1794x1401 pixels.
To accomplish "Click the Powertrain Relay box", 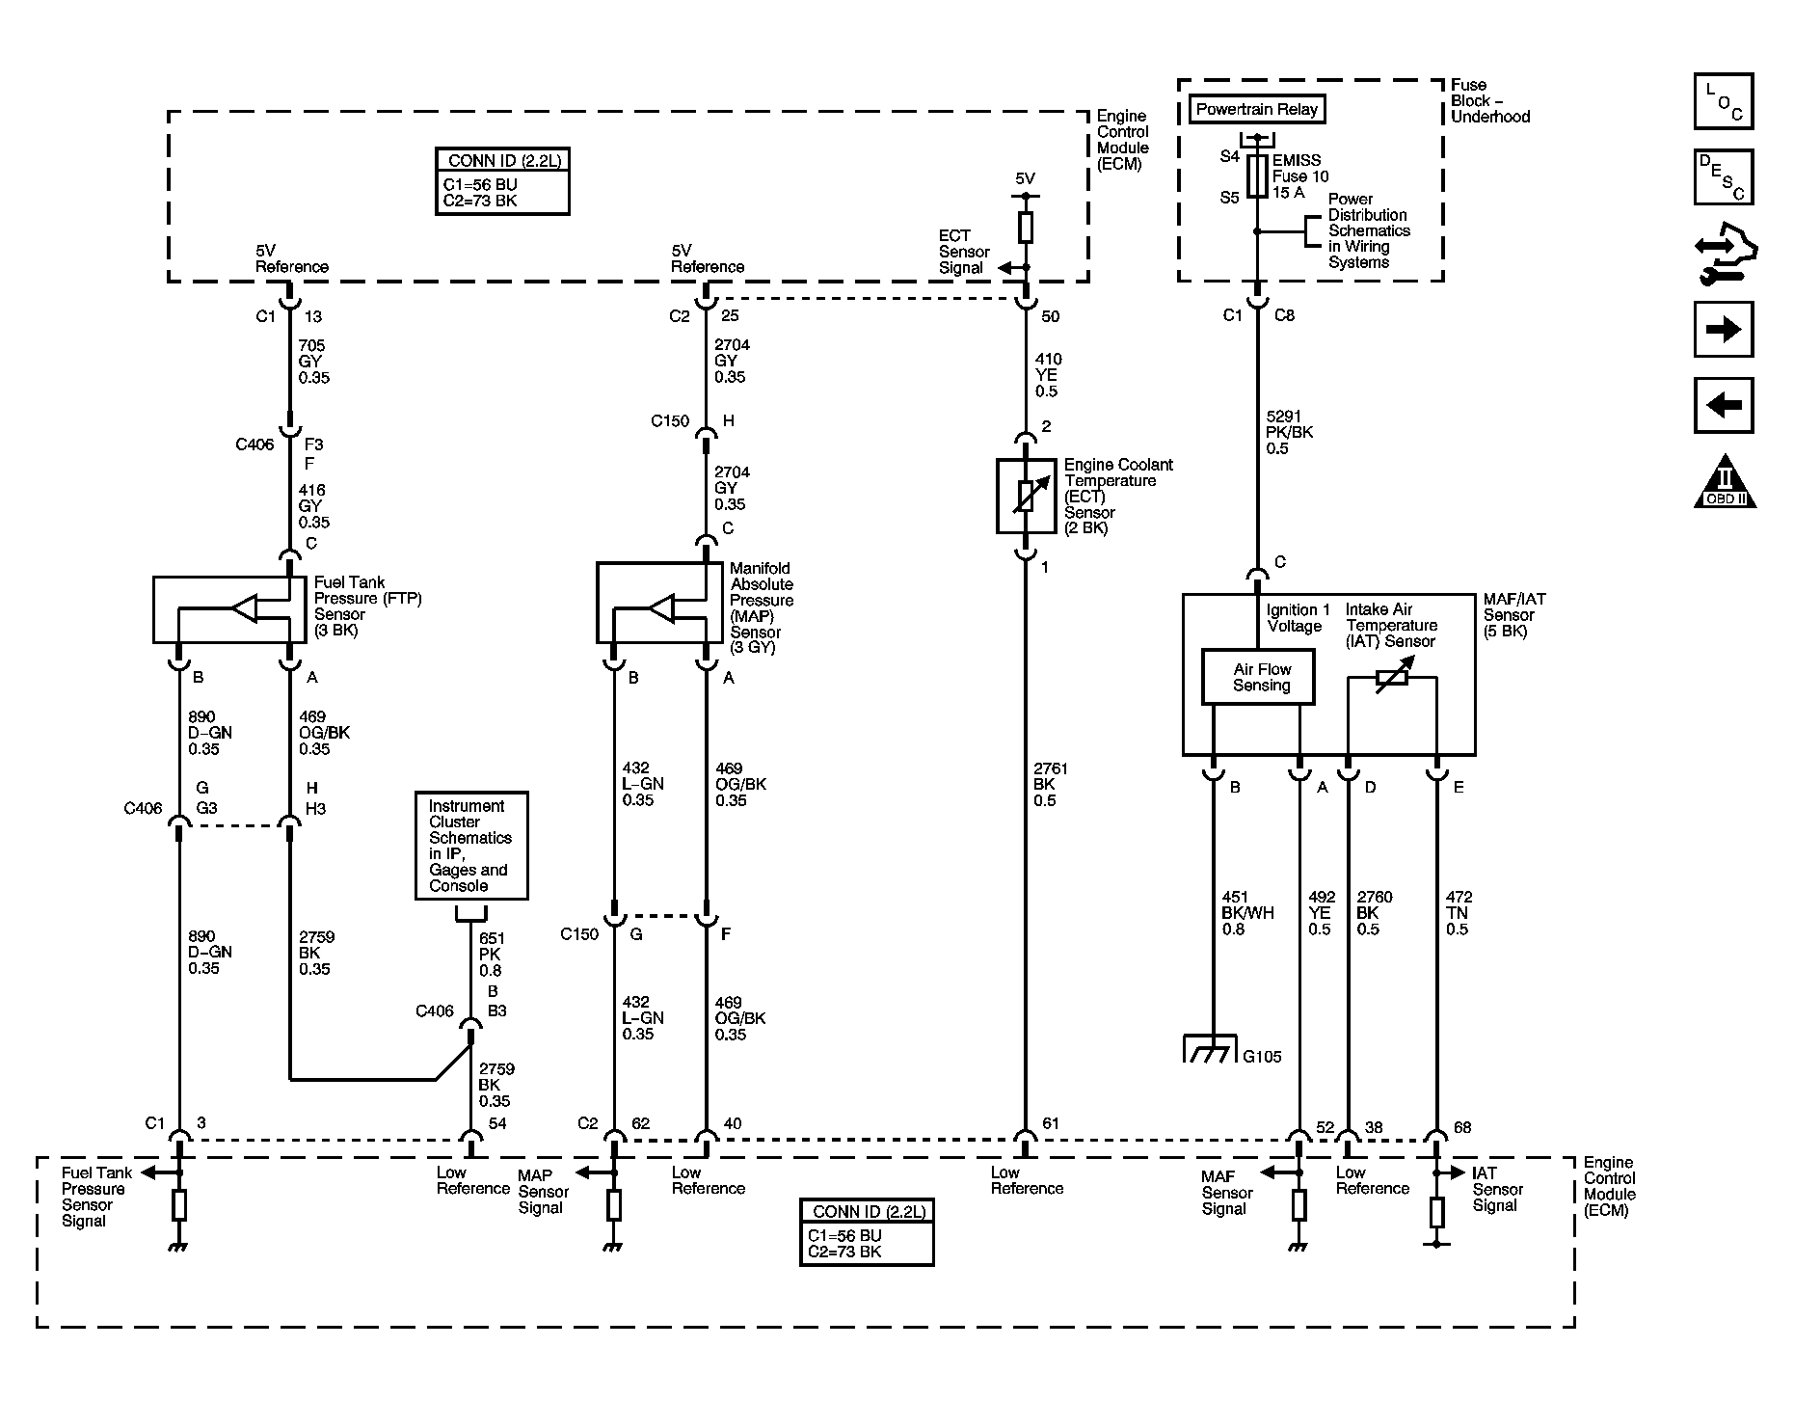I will click(x=1256, y=110).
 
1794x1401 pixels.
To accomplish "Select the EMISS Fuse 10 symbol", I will click(x=1256, y=177).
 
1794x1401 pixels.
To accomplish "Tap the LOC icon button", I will click(x=1723, y=101).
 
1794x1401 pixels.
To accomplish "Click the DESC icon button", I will click(x=1723, y=176).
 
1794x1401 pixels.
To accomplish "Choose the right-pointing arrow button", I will click(x=1723, y=330).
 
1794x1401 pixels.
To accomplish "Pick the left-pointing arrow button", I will click(x=1723, y=405).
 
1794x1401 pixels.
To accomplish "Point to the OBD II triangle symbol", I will click(x=1725, y=482).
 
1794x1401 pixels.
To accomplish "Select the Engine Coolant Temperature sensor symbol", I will click(x=1026, y=496).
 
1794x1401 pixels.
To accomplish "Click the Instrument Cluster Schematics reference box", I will click(x=471, y=846).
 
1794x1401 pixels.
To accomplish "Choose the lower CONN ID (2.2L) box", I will click(x=867, y=1231).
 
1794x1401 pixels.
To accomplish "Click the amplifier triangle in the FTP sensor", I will click(x=244, y=608).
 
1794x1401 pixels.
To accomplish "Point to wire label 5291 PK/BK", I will click(x=1289, y=432).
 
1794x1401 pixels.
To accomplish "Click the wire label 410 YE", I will click(x=1047, y=375).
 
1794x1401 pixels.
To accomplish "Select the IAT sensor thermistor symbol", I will click(x=1392, y=678).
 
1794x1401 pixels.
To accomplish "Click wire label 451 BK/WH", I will click(x=1246, y=913).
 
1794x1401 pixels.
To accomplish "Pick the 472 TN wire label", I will click(x=1458, y=913).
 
